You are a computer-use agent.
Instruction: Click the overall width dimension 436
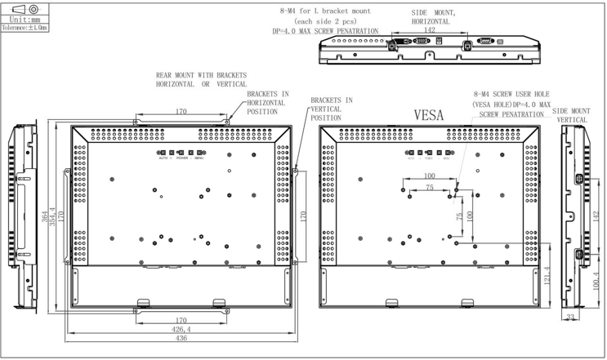pos(181,339)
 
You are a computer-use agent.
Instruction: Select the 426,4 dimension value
pos(181,329)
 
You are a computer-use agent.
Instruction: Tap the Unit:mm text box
pos(25,17)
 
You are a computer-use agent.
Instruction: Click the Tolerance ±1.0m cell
pos(25,27)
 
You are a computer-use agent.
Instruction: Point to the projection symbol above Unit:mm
pos(25,7)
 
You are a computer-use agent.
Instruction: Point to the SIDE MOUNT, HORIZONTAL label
pos(434,17)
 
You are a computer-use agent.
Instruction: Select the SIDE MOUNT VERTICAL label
pos(571,115)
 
